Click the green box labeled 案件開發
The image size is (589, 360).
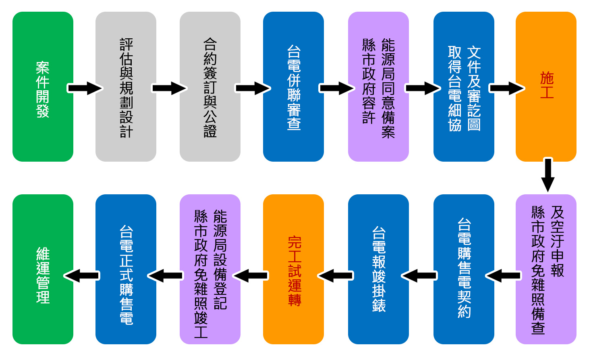coord(43,87)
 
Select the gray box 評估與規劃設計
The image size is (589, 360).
coord(126,87)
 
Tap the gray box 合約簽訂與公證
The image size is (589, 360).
coord(210,87)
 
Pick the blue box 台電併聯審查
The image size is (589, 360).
coord(293,87)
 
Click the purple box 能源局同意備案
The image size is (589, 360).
coord(378,87)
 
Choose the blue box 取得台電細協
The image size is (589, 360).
coord(464,87)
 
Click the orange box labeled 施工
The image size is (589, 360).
coord(546,87)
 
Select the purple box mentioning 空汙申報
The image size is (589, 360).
coord(546,269)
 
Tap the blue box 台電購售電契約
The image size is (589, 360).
coord(464,269)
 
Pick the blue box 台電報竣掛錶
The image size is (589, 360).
coord(378,269)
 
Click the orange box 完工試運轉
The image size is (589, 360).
coord(293,269)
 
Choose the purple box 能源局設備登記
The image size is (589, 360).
coord(210,269)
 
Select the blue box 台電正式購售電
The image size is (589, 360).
coord(126,269)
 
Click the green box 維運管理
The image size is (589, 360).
coord(43,269)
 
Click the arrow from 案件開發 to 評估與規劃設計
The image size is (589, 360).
coord(85,88)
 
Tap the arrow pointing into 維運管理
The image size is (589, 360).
coord(82,276)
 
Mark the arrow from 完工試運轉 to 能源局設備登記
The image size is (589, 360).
coord(251,276)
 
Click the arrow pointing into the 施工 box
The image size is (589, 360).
coord(506,88)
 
